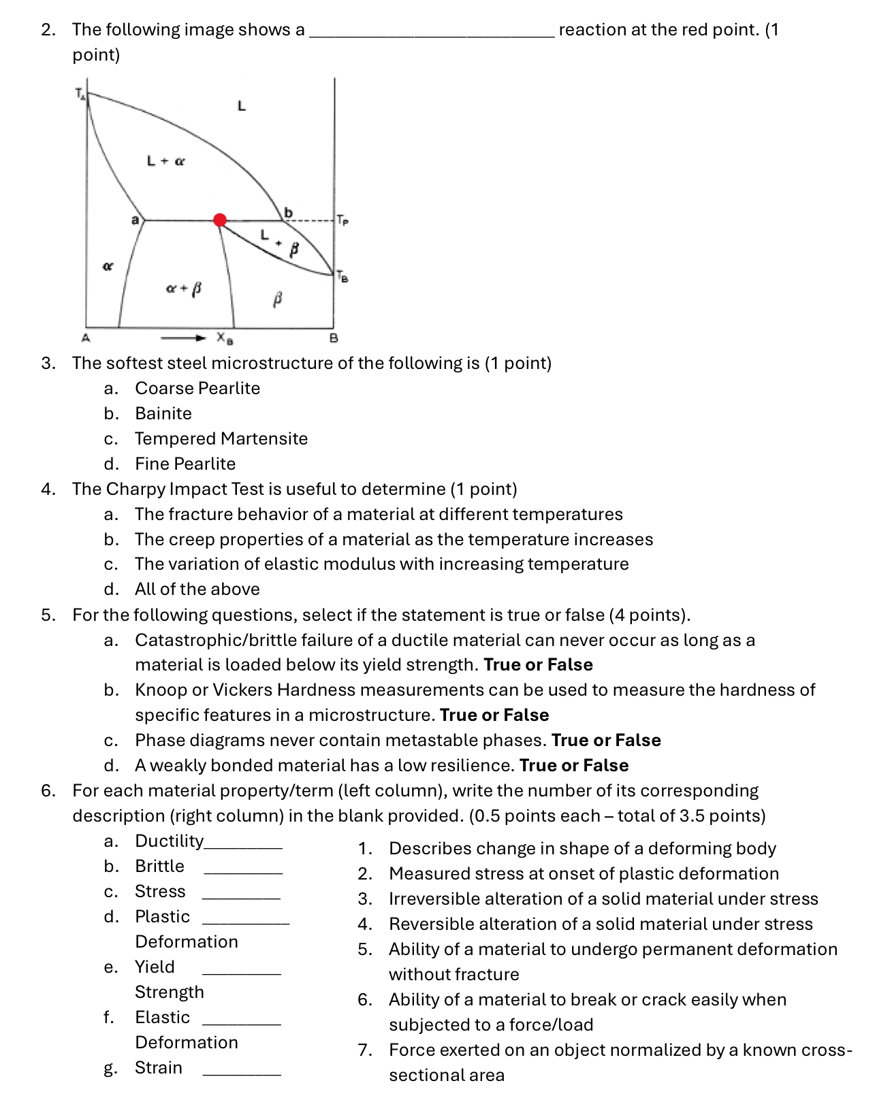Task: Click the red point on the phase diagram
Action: point(220,220)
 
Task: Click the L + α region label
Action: point(166,161)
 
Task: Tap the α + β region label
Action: point(184,289)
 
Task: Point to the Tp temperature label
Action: point(343,221)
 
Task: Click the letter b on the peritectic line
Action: point(288,212)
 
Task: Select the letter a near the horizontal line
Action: point(135,220)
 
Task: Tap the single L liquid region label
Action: point(240,106)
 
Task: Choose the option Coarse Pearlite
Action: point(197,388)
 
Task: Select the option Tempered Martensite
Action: point(221,438)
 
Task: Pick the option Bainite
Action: point(163,413)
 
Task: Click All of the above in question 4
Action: point(197,589)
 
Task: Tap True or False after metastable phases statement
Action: point(606,740)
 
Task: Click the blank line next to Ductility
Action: point(243,845)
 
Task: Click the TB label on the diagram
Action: point(342,277)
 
